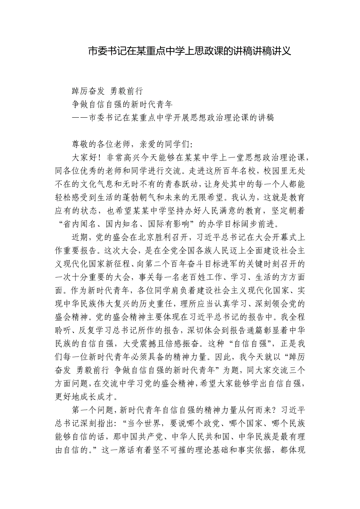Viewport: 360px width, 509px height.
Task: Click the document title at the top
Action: pyautogui.click(x=189, y=51)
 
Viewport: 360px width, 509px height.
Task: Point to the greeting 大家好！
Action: pyautogui.click(x=86, y=158)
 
